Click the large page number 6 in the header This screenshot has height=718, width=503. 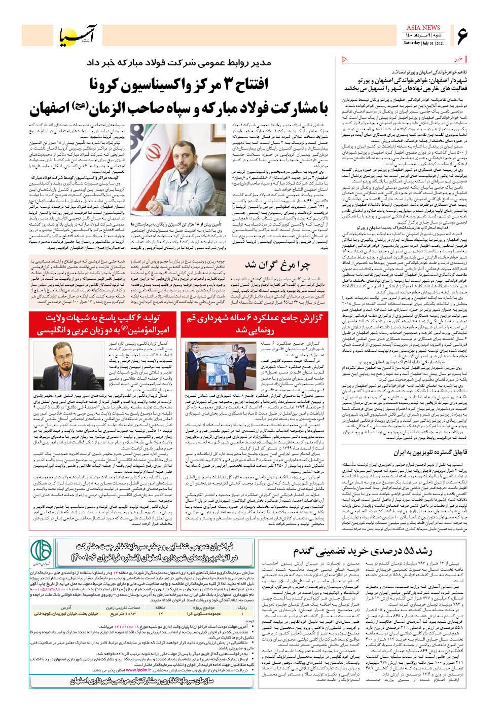(x=463, y=35)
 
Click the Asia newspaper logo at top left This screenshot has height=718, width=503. (x=66, y=33)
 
